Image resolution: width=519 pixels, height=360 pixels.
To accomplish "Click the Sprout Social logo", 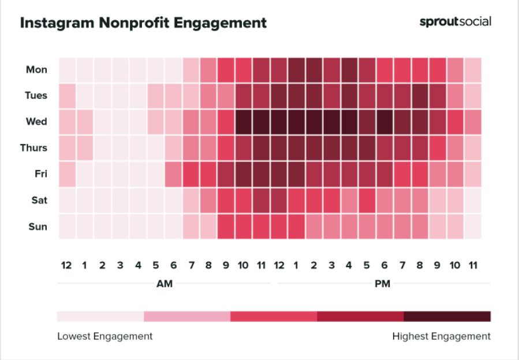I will [455, 22].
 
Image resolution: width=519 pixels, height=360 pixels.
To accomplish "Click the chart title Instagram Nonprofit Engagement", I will [143, 22].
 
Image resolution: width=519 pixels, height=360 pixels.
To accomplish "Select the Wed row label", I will [36, 122].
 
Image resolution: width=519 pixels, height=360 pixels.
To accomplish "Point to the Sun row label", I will [38, 227].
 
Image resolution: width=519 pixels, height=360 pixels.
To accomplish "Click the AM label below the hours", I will [164, 284].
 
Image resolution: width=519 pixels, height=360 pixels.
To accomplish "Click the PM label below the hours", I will [383, 284].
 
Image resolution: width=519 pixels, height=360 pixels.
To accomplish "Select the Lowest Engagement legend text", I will [104, 336].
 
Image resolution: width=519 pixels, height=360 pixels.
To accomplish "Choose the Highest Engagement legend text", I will [441, 336].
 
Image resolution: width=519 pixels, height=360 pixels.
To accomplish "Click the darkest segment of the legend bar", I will [447, 316].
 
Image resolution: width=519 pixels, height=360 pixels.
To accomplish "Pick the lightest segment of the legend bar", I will [100, 316].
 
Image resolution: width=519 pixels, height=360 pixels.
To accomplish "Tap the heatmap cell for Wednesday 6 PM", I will [384, 122].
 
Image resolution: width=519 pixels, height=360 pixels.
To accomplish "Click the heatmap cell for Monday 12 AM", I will [67, 70].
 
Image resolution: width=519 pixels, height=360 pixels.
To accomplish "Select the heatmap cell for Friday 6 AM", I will [173, 174].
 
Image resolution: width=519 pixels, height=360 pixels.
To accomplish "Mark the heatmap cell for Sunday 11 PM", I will [473, 227].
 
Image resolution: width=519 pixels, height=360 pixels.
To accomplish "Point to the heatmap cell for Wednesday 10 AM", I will [244, 122].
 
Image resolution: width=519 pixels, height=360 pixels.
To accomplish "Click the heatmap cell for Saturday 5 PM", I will [367, 200].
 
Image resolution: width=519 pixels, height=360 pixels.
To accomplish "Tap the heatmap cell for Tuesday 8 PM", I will [420, 96].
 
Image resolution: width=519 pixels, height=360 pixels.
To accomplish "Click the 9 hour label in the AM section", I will [226, 265].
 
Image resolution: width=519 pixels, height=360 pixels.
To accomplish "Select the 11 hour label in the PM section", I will [473, 265].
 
